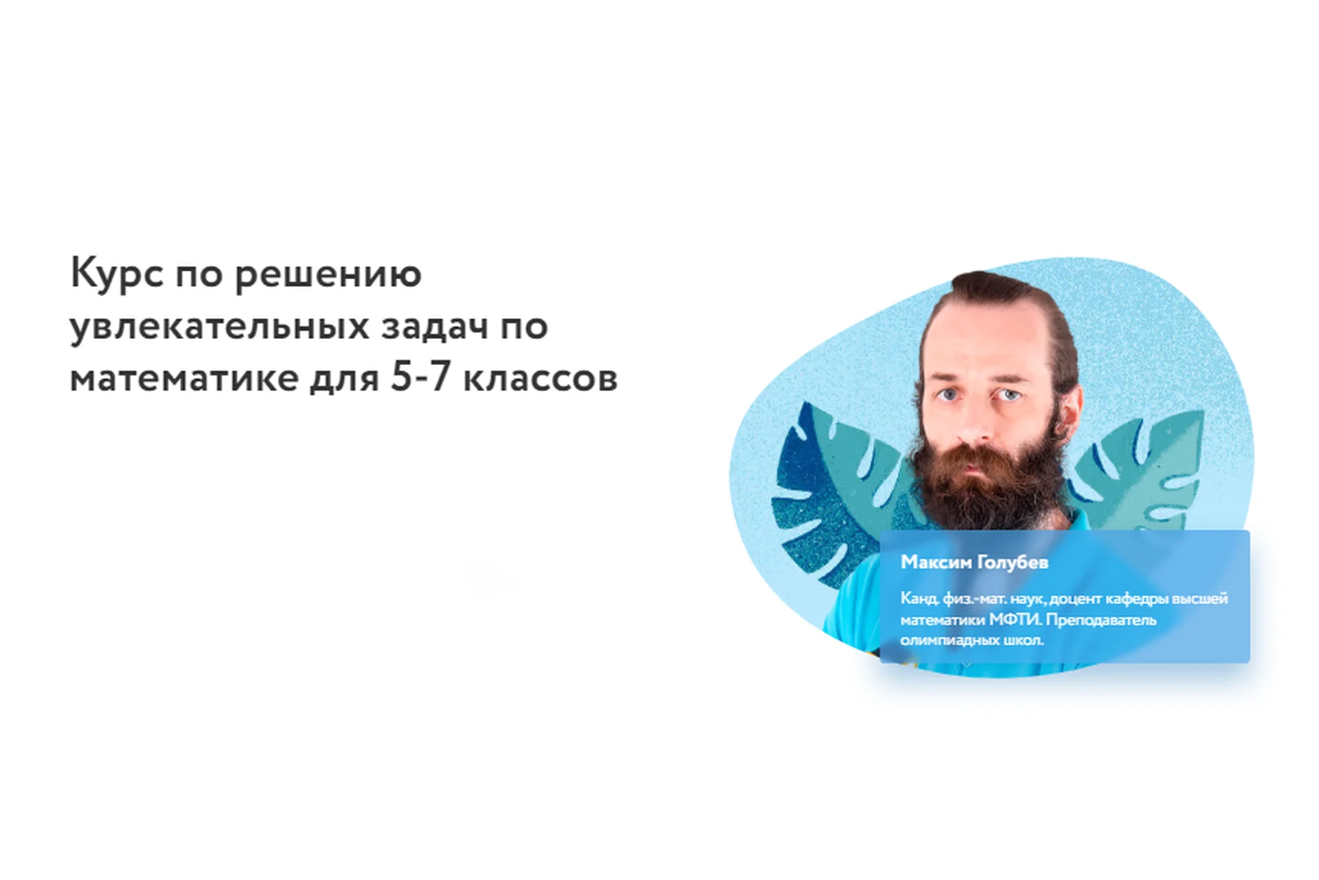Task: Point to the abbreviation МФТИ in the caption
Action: tap(1015, 619)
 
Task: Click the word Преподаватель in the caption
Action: tap(1101, 619)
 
